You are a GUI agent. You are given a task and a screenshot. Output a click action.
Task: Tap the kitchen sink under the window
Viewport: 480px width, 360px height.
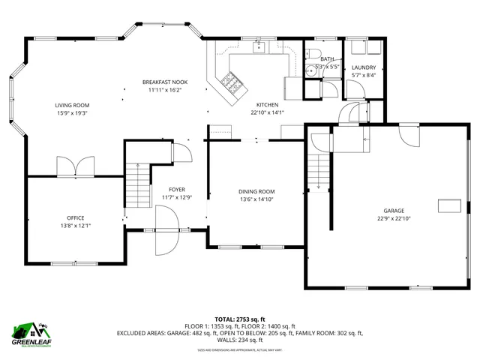[x=259, y=47]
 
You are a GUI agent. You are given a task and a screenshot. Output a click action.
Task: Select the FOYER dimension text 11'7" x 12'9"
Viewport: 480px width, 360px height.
[x=177, y=197]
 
